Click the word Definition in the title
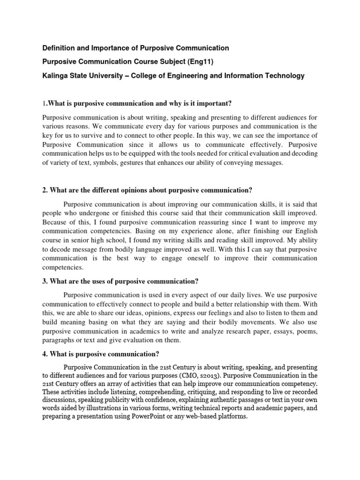click(60, 48)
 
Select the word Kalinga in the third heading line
click(56, 76)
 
